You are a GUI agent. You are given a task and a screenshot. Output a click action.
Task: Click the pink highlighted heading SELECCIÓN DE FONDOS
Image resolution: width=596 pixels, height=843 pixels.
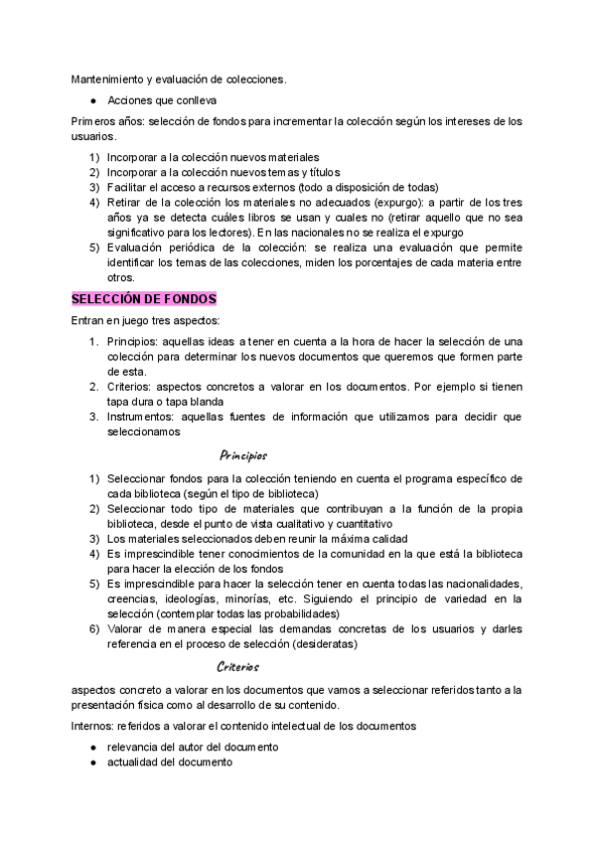(143, 298)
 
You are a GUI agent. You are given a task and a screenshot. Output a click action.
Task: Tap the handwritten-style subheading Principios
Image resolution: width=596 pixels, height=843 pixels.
(243, 456)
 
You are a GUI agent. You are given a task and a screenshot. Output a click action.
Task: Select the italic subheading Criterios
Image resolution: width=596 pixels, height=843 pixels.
(238, 667)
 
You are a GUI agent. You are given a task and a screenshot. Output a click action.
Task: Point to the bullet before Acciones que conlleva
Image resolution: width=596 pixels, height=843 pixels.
(92, 100)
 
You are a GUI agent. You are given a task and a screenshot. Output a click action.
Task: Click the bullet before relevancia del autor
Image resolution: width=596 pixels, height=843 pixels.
(92, 747)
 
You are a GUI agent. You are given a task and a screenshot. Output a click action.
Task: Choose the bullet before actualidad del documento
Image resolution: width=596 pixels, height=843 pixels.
(92, 761)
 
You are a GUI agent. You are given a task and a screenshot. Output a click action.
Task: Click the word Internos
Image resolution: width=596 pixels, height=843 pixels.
(90, 726)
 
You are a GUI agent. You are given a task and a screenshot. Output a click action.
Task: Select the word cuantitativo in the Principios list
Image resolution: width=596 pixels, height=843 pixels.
(362, 524)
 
